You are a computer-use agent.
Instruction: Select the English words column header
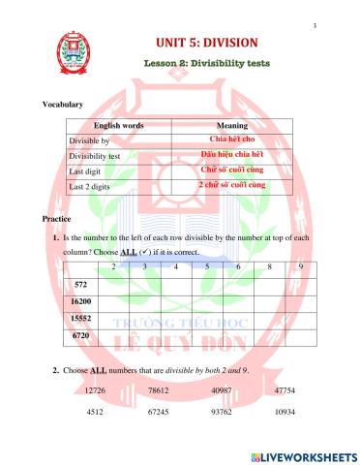pos(118,126)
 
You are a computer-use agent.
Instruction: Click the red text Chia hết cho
pos(230,140)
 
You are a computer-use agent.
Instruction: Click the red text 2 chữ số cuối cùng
pos(231,184)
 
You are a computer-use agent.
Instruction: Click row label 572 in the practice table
pos(80,285)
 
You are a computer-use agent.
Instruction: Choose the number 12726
pos(96,390)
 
